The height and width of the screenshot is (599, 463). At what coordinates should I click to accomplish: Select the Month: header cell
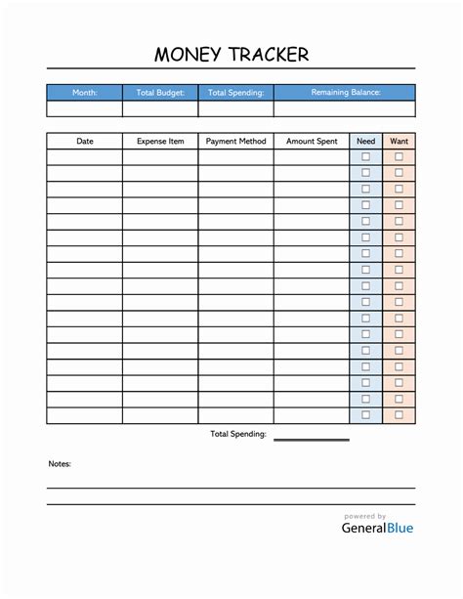coord(85,93)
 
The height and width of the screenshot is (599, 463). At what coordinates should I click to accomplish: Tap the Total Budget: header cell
coord(160,93)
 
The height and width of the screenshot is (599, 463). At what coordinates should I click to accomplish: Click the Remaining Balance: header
coord(345,93)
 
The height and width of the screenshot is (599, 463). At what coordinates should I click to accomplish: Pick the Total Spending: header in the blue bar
coord(235,93)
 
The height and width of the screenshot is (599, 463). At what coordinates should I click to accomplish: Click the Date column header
coord(85,141)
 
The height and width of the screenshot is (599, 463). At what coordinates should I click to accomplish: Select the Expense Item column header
coord(160,141)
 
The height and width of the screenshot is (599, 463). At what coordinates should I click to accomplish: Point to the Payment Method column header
coord(235,141)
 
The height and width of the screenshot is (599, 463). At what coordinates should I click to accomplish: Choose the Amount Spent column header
coord(312,141)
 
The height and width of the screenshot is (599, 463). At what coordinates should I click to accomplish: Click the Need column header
coord(366,141)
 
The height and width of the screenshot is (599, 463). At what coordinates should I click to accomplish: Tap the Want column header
coord(399,141)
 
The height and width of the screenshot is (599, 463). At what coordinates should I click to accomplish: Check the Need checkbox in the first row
coord(366,156)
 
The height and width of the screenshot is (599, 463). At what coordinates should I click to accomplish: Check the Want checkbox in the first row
coord(399,156)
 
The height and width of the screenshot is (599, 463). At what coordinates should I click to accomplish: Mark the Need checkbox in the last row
coord(366,415)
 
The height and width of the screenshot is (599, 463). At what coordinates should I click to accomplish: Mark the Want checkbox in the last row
coord(399,415)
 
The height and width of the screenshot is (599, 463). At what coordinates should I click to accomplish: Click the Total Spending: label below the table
coord(238,434)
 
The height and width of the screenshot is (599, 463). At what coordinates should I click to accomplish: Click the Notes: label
coord(60,464)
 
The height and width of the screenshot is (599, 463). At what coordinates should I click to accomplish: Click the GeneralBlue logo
coord(377,528)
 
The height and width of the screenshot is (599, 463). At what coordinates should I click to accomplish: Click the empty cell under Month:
coord(85,108)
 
